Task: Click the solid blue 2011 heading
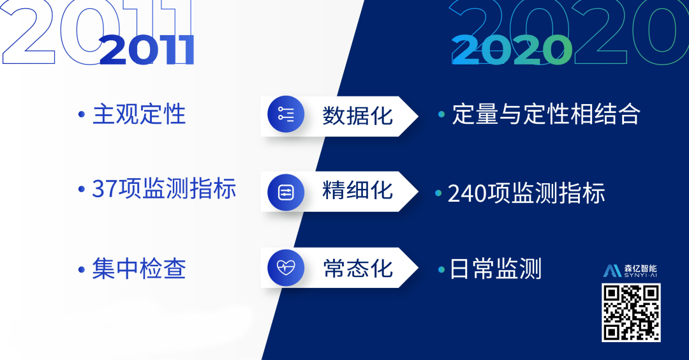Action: coord(147,50)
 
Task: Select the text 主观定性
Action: coord(139,115)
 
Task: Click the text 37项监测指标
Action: coord(164,189)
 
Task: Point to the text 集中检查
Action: coord(139,269)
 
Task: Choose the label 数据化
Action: coord(357,116)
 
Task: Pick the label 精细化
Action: coord(357,190)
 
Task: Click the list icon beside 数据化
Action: coord(285,115)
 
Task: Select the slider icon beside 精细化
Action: coord(285,191)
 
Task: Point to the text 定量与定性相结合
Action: coord(545,115)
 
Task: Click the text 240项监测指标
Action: coord(526,193)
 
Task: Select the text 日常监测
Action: coord(496,269)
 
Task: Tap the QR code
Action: coord(631,312)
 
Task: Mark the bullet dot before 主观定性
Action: coord(81,116)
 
